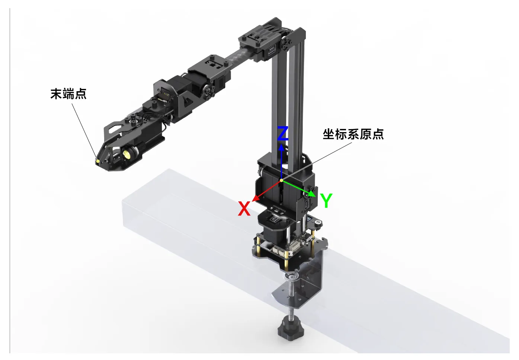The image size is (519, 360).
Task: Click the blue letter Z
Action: [283, 133]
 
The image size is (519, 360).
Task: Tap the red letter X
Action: [244, 208]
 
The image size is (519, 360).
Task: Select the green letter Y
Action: [326, 200]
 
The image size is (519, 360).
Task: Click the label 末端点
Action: [68, 94]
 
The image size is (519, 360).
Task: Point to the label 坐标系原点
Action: [353, 134]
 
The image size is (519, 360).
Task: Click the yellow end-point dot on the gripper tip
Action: [98, 161]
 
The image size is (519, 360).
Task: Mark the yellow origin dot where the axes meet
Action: [281, 180]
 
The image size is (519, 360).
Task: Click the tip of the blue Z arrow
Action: [281, 144]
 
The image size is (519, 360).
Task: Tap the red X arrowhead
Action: [255, 198]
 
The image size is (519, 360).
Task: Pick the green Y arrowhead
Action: [312, 194]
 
